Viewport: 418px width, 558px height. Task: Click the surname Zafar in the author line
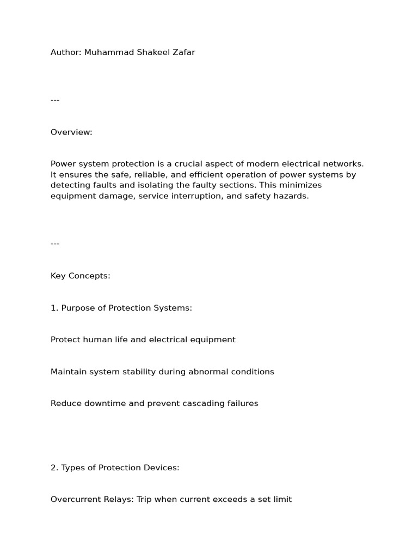point(183,53)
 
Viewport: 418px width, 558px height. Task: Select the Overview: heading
point(71,132)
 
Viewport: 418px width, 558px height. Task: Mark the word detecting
point(70,185)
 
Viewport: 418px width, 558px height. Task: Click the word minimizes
point(300,185)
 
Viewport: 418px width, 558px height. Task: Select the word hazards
point(291,196)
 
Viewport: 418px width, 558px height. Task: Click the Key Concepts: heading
point(81,276)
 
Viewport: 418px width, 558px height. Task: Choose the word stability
point(137,372)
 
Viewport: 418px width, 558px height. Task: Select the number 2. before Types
point(54,468)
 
